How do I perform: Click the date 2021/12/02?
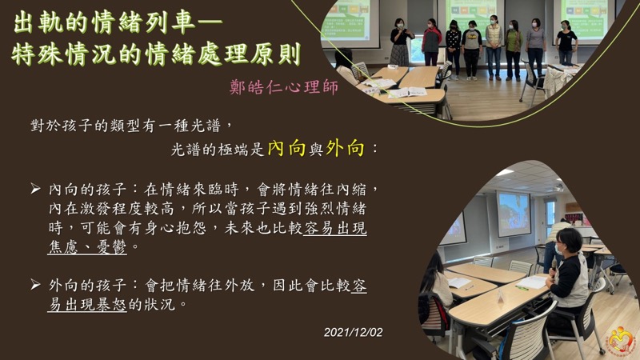[x=354, y=332]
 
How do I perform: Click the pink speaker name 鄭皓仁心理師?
[x=284, y=87]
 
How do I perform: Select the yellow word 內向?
[x=287, y=149]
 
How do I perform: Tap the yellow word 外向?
[x=345, y=149]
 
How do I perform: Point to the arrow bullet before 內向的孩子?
[x=35, y=189]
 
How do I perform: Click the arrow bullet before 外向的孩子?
[x=35, y=285]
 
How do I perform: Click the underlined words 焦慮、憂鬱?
[x=87, y=247]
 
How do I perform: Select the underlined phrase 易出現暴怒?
[x=87, y=305]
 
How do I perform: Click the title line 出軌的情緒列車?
[x=118, y=23]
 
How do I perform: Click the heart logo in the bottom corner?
[x=620, y=339]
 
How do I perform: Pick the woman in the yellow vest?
[x=494, y=47]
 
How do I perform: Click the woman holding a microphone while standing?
[x=401, y=42]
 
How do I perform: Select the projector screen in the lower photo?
[x=514, y=214]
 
